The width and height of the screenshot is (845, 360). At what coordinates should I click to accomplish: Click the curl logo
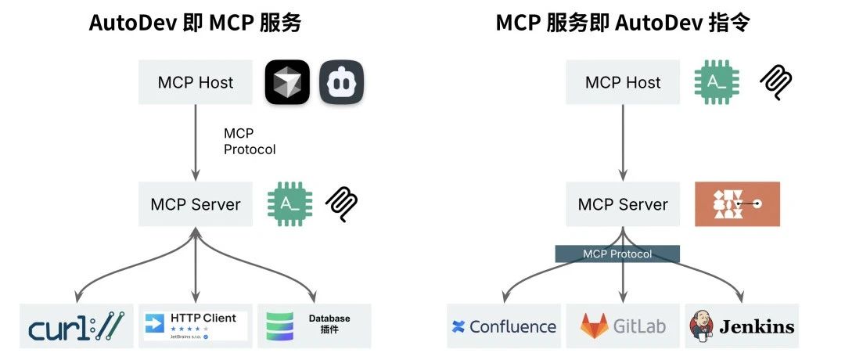pos(77,326)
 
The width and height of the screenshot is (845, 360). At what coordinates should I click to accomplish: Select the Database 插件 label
pos(329,323)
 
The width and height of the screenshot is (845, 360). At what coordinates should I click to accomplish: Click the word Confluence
pos(513,326)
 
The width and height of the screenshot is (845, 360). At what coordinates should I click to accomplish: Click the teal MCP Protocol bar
pos(617,254)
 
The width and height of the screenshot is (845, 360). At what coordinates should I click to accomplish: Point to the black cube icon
pos(287,82)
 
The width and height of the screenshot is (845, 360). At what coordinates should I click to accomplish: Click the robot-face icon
pos(342,82)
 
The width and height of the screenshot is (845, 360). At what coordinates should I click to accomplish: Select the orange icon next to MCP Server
pos(737,204)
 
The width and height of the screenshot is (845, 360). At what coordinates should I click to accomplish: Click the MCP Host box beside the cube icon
pos(196,82)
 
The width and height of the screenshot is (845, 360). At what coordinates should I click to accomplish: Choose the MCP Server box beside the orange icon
pos(623,204)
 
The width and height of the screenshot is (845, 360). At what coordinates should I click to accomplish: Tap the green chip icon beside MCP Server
pos(289,204)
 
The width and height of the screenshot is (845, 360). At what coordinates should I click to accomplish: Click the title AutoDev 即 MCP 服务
pos(195,23)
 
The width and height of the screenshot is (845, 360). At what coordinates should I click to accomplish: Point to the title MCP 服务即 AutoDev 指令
pos(623,23)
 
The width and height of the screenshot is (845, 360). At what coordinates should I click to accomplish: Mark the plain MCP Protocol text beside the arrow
pos(249,142)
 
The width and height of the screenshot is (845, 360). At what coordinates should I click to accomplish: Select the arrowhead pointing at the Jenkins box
pos(741,298)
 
